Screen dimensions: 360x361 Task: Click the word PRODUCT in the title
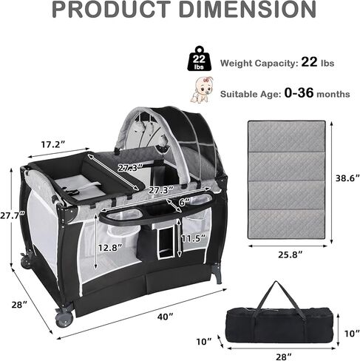[x=112, y=10]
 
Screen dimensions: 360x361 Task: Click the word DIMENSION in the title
[x=248, y=10]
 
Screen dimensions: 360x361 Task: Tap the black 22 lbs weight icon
[x=199, y=58]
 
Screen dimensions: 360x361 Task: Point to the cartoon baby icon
[x=201, y=90]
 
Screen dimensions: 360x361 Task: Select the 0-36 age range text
[x=299, y=93]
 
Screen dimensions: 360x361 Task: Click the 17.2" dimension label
[x=53, y=145]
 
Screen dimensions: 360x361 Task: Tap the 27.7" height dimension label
[x=13, y=215]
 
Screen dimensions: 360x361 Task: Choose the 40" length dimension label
[x=165, y=317]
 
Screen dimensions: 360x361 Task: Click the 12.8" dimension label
[x=110, y=247]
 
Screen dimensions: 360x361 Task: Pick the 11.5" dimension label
[x=194, y=238]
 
